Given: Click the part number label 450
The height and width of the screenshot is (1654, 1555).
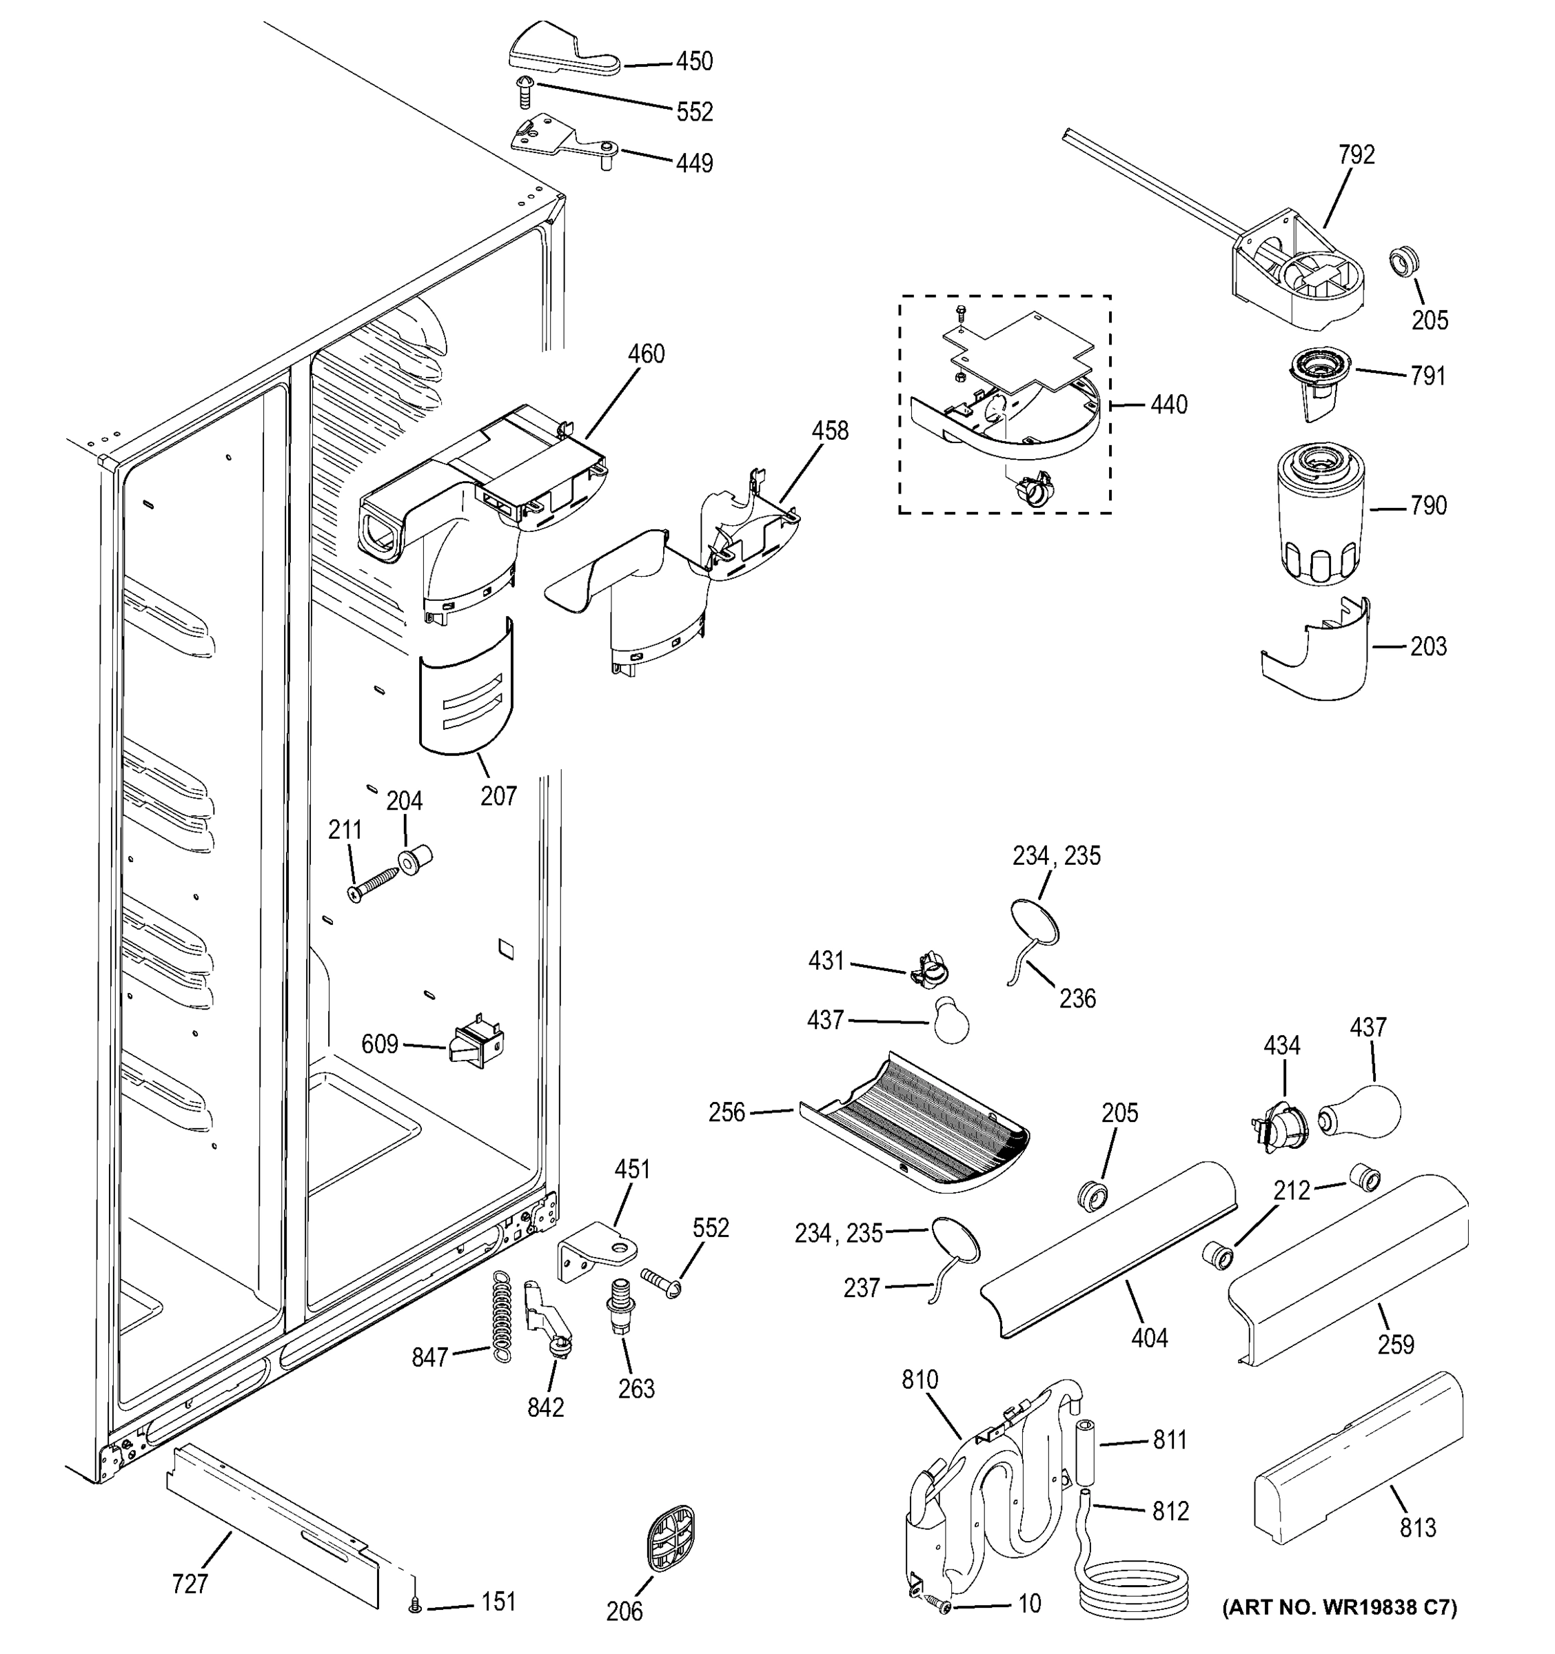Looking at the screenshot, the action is [x=695, y=61].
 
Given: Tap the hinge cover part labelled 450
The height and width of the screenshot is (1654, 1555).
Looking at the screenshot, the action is [x=564, y=50].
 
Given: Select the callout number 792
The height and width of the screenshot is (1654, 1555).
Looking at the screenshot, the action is [x=1356, y=155].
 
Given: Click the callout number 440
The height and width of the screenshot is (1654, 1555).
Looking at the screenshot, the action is [x=1169, y=405].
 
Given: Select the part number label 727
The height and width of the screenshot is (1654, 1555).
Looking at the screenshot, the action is [x=190, y=1584].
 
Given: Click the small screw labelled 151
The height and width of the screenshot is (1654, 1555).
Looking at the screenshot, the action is [x=415, y=1607].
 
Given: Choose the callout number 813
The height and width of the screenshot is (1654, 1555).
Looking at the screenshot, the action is [x=1418, y=1527].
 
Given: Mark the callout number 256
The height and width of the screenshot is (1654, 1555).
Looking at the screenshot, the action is [x=727, y=1112].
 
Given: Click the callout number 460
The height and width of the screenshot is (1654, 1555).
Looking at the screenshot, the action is [x=646, y=354].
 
